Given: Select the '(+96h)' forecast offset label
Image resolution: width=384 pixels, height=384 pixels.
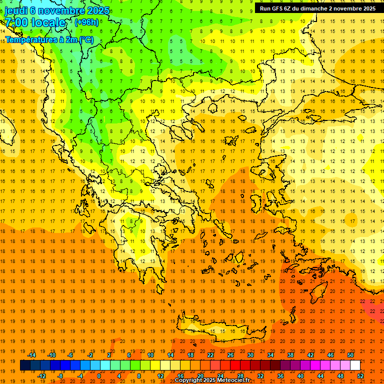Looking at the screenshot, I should coord(86,22).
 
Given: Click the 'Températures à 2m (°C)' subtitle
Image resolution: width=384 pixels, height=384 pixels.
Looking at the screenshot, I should coord(49,39).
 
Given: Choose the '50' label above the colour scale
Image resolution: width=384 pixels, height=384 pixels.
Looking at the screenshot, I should coord(350,355).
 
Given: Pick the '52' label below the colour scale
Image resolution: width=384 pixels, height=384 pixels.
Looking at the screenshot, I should coord(360,375).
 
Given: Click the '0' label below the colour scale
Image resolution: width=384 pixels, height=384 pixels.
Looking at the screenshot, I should coord(99,375).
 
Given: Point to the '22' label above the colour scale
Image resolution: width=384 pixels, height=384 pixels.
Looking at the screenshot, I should coord(210,355).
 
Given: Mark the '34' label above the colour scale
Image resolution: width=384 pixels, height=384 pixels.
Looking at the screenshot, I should coord(270,355).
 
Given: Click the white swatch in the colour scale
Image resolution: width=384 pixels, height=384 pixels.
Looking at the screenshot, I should coord(355,365).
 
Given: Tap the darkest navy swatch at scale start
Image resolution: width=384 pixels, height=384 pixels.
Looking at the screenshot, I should coord(25,365).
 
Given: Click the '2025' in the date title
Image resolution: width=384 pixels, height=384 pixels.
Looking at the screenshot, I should coord(98,10).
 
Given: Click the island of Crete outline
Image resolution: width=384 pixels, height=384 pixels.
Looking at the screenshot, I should coord(220,330).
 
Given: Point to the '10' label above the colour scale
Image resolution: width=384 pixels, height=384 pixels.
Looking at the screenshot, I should coord(150,355).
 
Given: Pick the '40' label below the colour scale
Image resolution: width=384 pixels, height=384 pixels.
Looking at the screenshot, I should coord(300,375).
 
